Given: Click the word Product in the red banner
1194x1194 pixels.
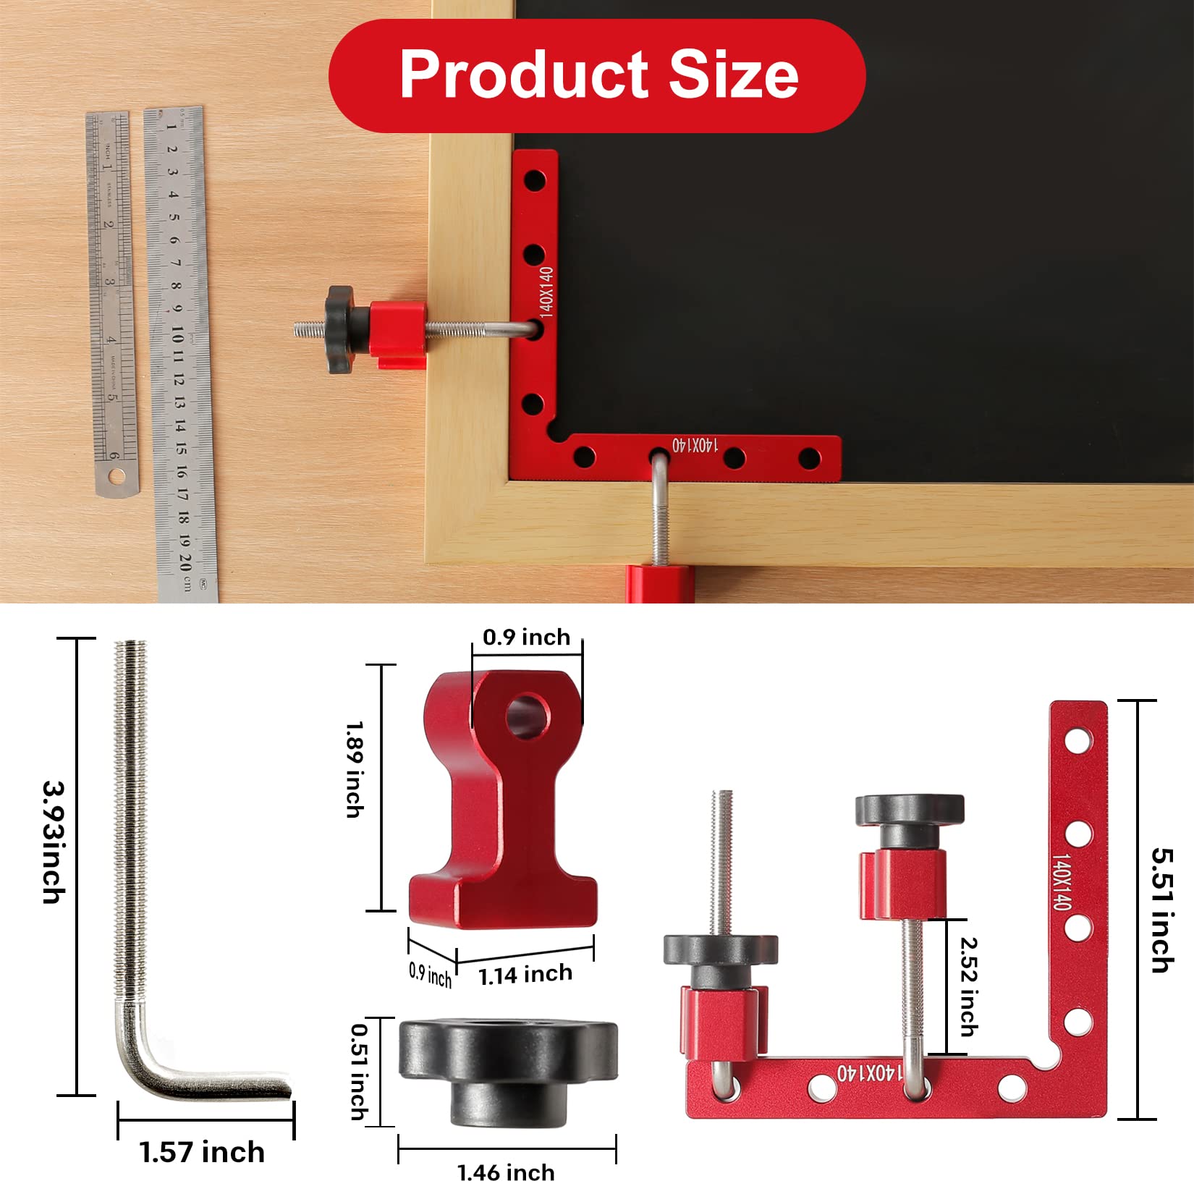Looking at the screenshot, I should [525, 75].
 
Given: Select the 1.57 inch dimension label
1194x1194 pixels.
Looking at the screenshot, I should [202, 1152].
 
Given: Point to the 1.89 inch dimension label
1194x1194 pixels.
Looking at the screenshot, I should [355, 769].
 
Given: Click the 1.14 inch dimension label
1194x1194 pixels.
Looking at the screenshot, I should [525, 975].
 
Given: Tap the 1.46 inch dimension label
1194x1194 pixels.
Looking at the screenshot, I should [506, 1172].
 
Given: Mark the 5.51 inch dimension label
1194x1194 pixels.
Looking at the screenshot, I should [1162, 910].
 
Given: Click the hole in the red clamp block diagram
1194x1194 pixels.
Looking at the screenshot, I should [528, 716].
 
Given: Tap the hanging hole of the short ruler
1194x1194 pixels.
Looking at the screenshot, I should [116, 476].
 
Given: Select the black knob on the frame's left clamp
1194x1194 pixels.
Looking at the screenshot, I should [341, 329].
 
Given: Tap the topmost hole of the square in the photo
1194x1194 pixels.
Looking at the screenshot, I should [535, 179].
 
